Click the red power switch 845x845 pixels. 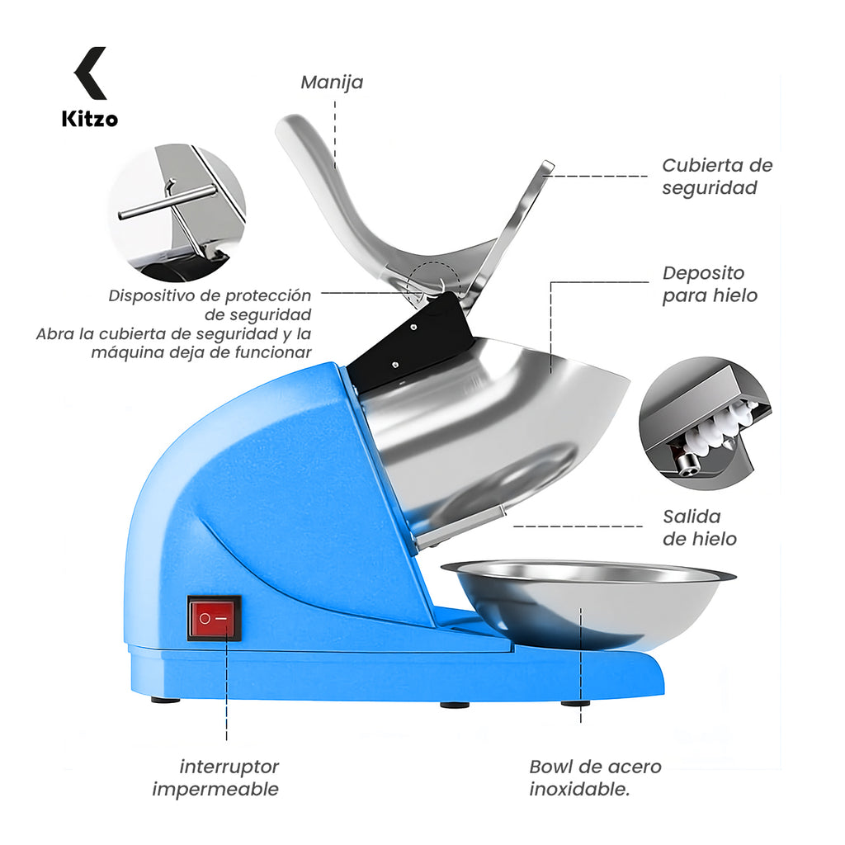[x=214, y=617]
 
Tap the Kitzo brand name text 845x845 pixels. [x=90, y=119]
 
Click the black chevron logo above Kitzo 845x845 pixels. [x=90, y=73]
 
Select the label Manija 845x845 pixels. [x=332, y=83]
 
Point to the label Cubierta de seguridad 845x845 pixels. [x=717, y=177]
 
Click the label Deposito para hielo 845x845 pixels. [x=710, y=284]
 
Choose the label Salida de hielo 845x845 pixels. [x=700, y=527]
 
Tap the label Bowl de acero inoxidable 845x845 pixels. [x=595, y=777]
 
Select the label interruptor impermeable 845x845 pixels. [x=215, y=777]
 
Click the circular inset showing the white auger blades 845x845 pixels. [x=706, y=423]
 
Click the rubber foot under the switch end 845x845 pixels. [x=165, y=700]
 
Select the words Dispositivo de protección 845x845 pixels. [x=210, y=296]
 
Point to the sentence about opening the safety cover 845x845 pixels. [x=173, y=343]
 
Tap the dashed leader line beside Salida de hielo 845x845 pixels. [x=578, y=526]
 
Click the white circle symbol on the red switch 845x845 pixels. [x=205, y=618]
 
